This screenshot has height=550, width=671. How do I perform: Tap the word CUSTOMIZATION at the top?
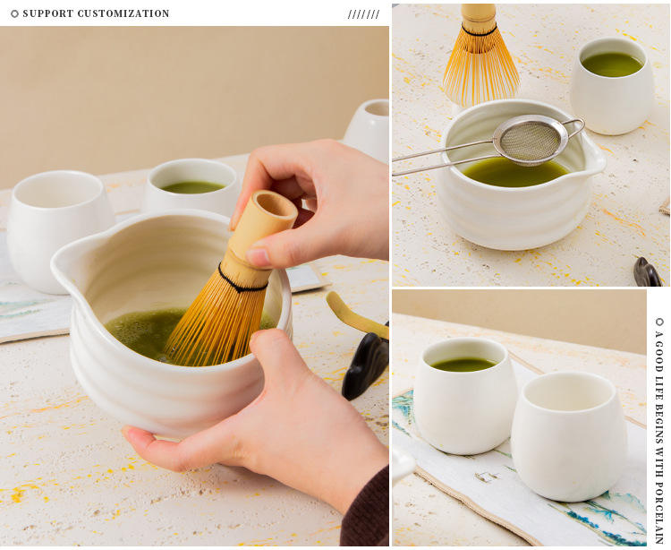[123, 13]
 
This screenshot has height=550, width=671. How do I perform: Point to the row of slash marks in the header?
[364, 14]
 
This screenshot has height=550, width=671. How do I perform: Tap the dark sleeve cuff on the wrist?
[365, 510]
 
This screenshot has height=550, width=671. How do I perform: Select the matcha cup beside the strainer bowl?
[612, 86]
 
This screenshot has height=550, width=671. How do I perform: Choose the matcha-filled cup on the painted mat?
[464, 395]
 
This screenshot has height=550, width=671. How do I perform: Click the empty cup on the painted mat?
[569, 437]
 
